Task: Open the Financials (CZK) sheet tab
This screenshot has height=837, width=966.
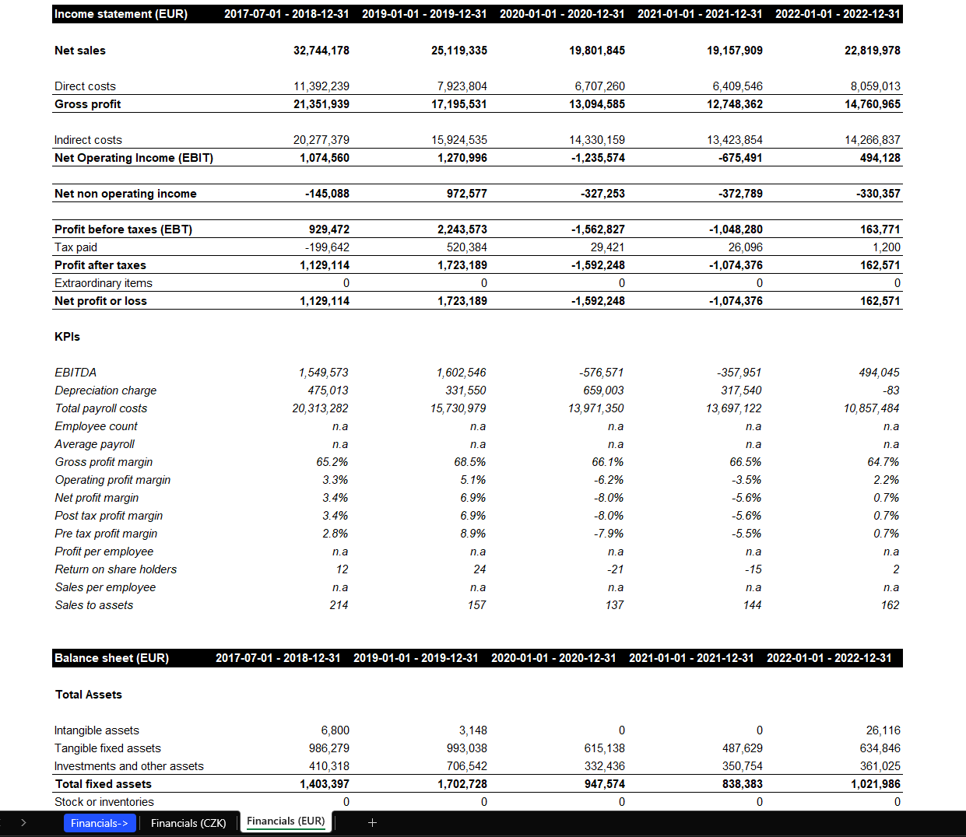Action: click(x=188, y=823)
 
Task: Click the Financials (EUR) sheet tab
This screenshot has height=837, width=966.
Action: click(x=286, y=821)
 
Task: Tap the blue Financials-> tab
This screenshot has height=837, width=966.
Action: click(x=100, y=823)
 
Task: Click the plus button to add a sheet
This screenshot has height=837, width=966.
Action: click(x=372, y=822)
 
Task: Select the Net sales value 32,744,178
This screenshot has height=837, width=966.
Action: click(x=321, y=51)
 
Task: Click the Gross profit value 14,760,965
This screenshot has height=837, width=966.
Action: click(x=872, y=104)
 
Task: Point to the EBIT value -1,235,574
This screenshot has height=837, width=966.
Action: click(x=598, y=158)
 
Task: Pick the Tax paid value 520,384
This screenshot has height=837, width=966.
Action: click(x=466, y=247)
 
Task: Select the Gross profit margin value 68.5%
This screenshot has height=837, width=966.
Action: click(x=469, y=462)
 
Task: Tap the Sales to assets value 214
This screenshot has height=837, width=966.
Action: click(x=339, y=605)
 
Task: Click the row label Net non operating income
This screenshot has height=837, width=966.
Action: click(x=125, y=194)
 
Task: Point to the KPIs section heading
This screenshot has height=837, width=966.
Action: click(x=67, y=337)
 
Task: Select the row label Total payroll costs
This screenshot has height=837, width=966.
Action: click(x=100, y=408)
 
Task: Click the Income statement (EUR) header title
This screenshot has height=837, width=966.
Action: click(x=121, y=14)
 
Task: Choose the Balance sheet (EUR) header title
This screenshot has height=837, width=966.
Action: click(x=111, y=658)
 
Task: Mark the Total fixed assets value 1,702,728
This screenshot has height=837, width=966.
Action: click(x=462, y=784)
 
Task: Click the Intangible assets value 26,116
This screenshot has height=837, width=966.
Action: click(x=883, y=730)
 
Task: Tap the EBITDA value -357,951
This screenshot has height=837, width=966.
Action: click(x=739, y=373)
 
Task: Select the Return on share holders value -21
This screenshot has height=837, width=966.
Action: click(x=615, y=569)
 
